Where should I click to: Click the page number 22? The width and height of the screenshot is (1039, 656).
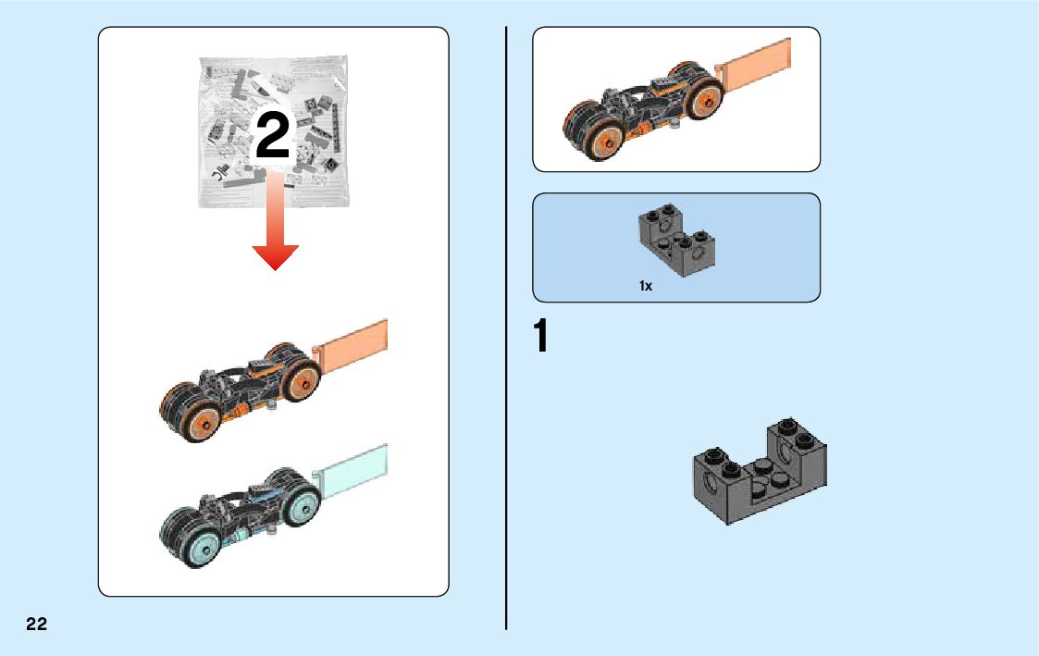[x=36, y=624]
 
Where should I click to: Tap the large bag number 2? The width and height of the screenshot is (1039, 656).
[x=272, y=138]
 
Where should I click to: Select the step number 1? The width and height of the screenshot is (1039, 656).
[x=541, y=338]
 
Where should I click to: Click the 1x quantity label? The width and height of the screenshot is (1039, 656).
[x=646, y=287]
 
